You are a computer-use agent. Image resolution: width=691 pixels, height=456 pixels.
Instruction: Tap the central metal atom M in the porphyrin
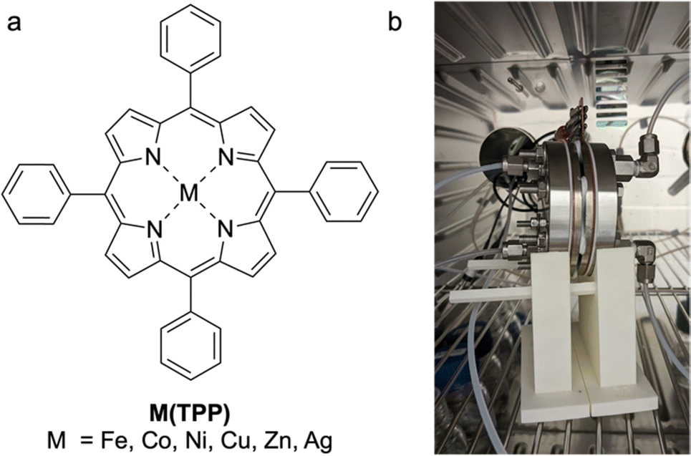(188, 193)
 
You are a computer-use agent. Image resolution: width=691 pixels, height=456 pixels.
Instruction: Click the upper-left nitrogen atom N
(152, 156)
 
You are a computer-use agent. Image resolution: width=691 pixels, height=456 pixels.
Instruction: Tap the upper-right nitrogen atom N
(225, 156)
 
